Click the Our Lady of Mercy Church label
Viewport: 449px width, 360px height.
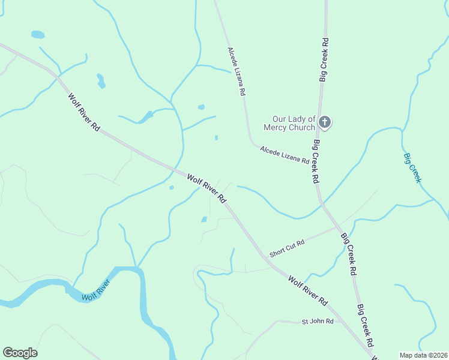289,123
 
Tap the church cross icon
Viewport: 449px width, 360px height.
324,123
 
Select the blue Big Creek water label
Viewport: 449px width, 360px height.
412,168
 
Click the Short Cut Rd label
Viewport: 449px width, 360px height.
287,248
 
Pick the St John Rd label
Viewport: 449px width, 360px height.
317,322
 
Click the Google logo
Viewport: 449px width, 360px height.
20,353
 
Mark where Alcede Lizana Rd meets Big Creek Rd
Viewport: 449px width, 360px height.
316,166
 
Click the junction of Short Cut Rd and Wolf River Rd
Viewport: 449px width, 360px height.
265,257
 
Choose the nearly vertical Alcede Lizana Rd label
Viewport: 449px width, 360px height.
237,73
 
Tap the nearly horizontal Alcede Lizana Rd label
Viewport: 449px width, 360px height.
284,155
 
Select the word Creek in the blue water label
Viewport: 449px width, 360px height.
414,173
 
